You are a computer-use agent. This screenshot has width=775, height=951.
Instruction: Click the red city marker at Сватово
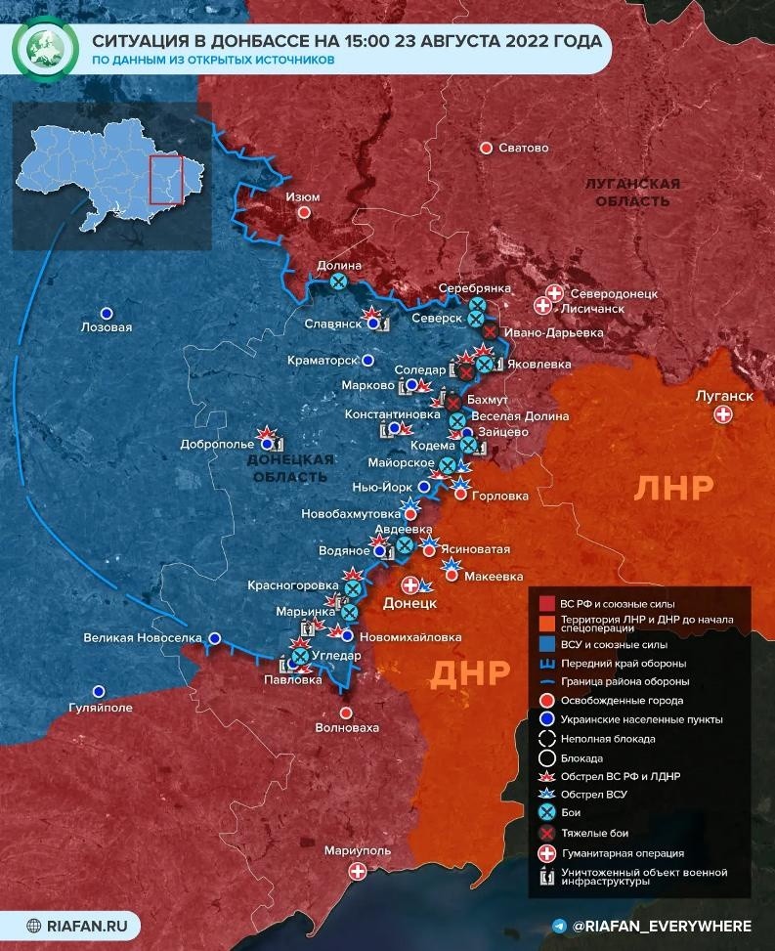click(x=486, y=148)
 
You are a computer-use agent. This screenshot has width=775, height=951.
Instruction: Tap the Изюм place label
click(x=302, y=196)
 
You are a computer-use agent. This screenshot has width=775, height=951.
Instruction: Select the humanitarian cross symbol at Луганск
click(x=724, y=415)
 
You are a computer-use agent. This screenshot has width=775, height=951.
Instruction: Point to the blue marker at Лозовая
click(x=108, y=313)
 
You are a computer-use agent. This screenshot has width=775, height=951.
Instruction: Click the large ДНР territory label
click(x=470, y=672)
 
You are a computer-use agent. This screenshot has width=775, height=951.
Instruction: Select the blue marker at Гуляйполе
click(x=98, y=690)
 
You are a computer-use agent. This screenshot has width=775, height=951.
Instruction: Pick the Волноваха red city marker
click(x=345, y=713)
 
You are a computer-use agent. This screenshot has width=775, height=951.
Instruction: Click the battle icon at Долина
click(x=338, y=281)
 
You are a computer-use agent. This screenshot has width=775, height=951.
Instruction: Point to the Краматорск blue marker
click(x=367, y=360)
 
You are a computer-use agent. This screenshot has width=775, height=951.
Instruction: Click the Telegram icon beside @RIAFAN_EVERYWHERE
click(x=559, y=926)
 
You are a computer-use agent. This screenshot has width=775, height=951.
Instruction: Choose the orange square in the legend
click(x=546, y=624)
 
